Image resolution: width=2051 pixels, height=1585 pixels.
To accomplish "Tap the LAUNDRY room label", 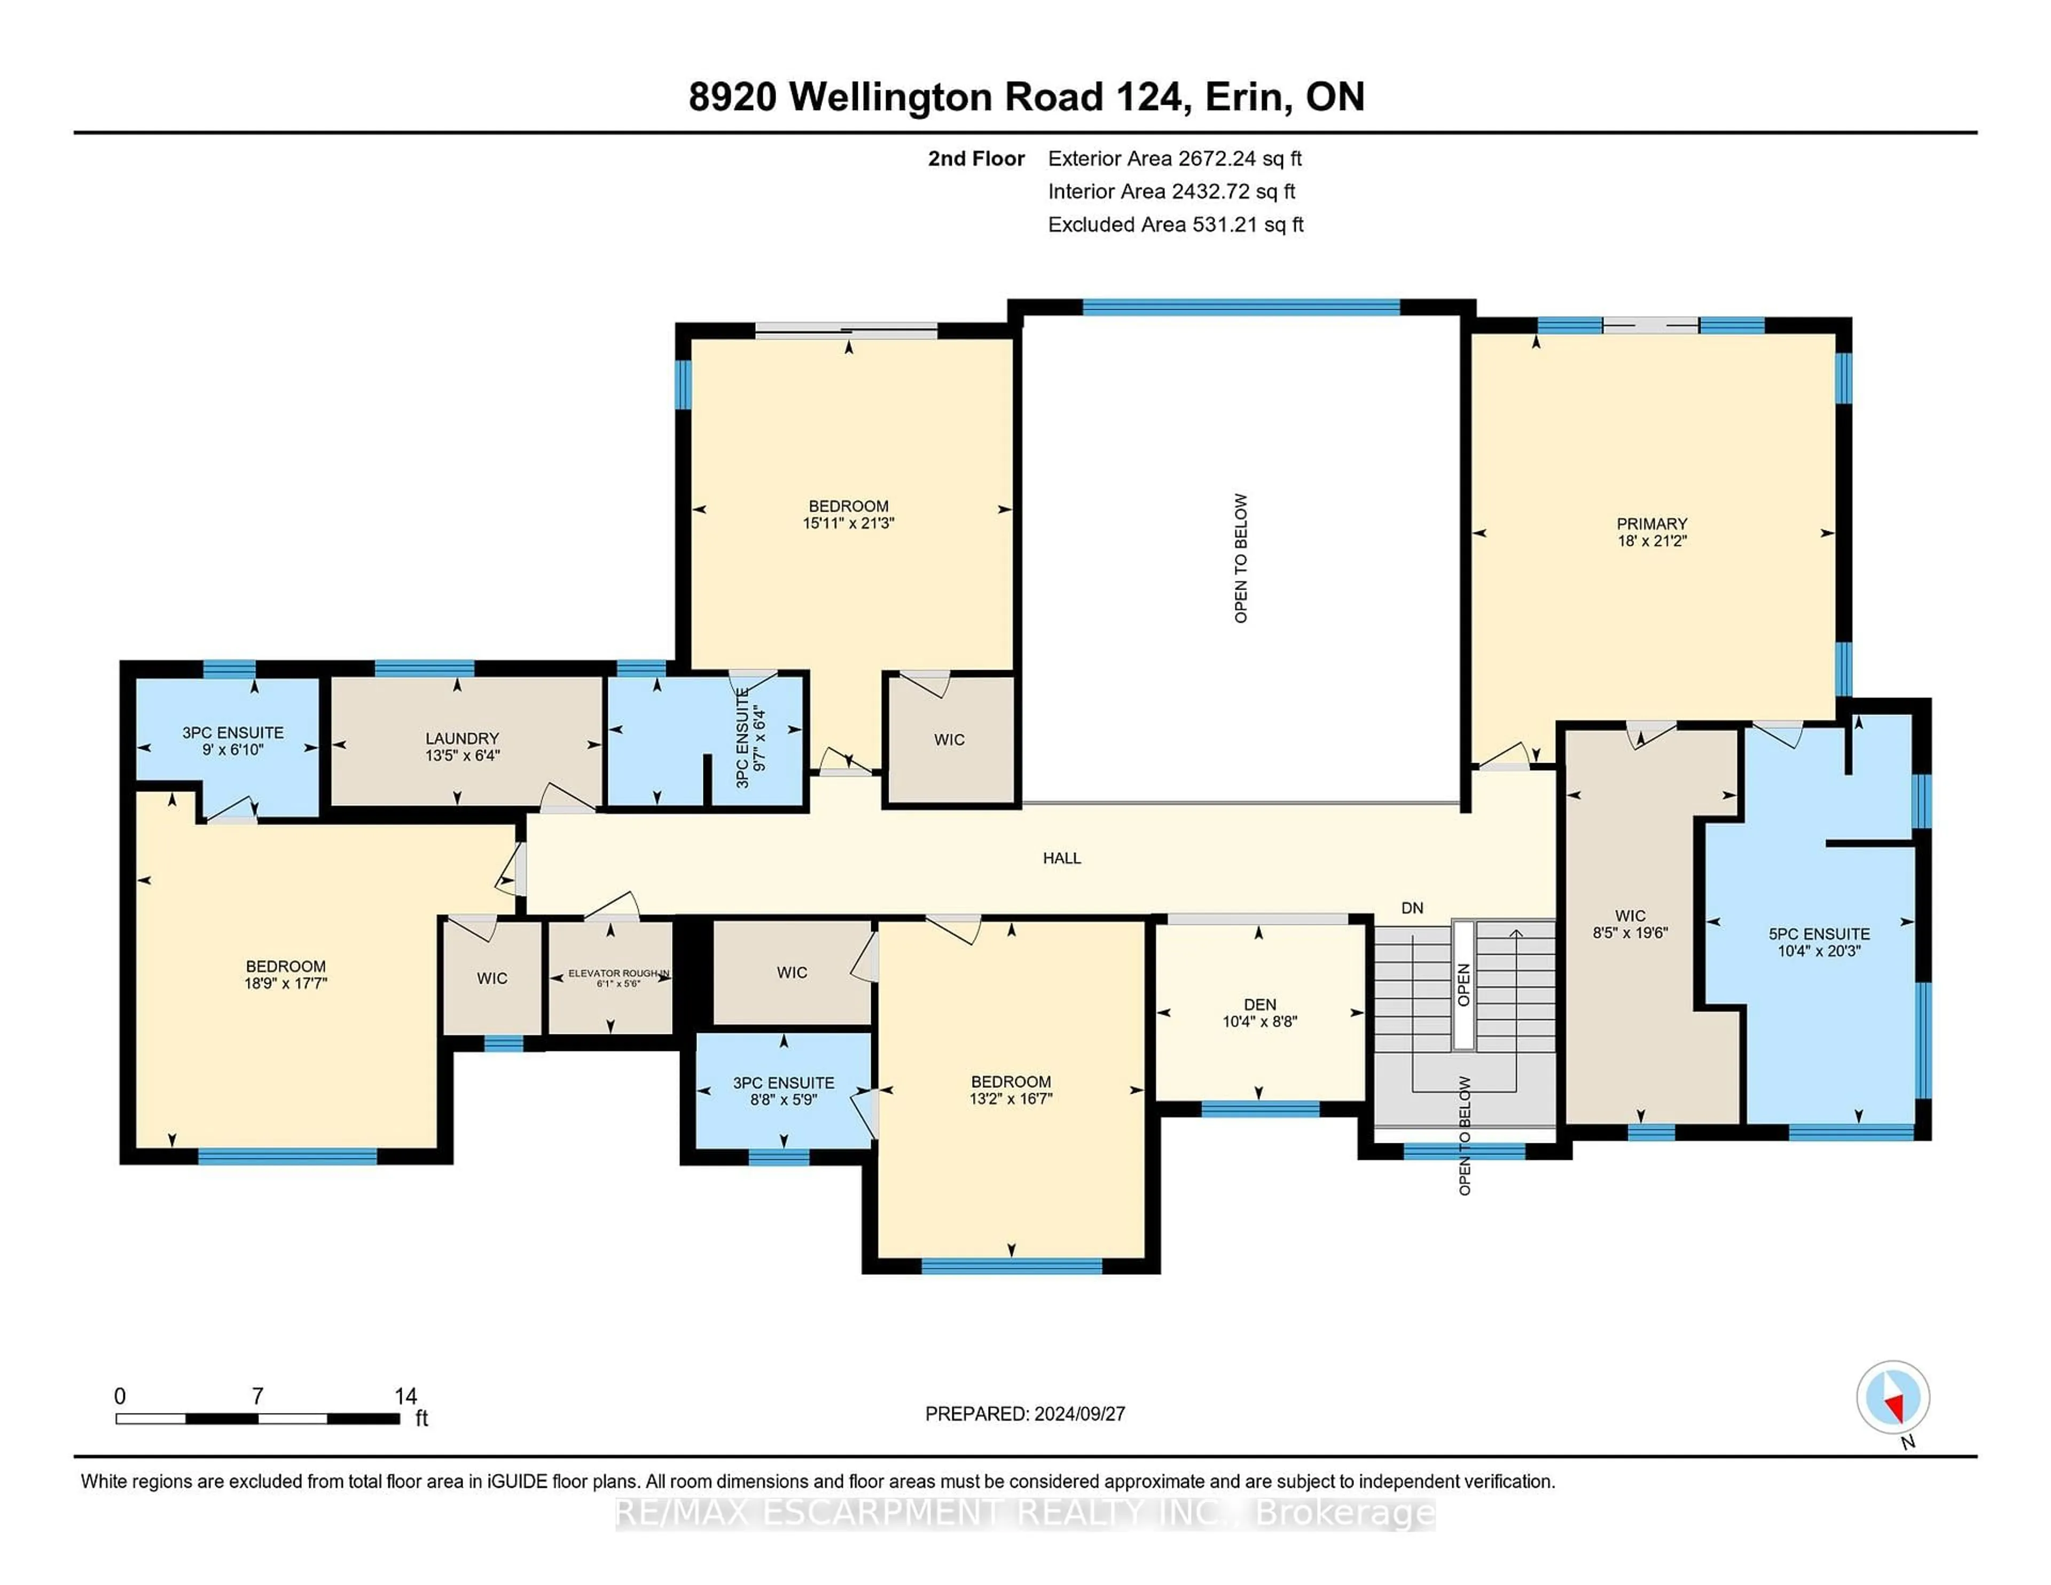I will click(461, 738).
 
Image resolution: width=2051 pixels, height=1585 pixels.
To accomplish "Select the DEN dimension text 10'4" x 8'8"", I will click(1259, 1022).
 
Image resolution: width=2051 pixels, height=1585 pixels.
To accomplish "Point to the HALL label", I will click(1061, 857).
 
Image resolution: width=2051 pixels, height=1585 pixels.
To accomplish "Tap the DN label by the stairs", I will click(1412, 908).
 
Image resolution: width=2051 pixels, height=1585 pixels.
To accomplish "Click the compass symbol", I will click(1892, 1397).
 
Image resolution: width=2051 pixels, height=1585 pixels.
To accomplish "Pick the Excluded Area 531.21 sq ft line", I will click(1175, 224).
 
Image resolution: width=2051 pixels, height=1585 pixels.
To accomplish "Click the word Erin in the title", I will click(1244, 97).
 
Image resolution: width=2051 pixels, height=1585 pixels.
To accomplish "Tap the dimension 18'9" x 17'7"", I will click(286, 983).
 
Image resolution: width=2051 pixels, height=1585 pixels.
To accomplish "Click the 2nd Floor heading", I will click(976, 159).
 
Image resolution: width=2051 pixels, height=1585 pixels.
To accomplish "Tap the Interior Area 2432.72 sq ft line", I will click(1171, 192).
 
